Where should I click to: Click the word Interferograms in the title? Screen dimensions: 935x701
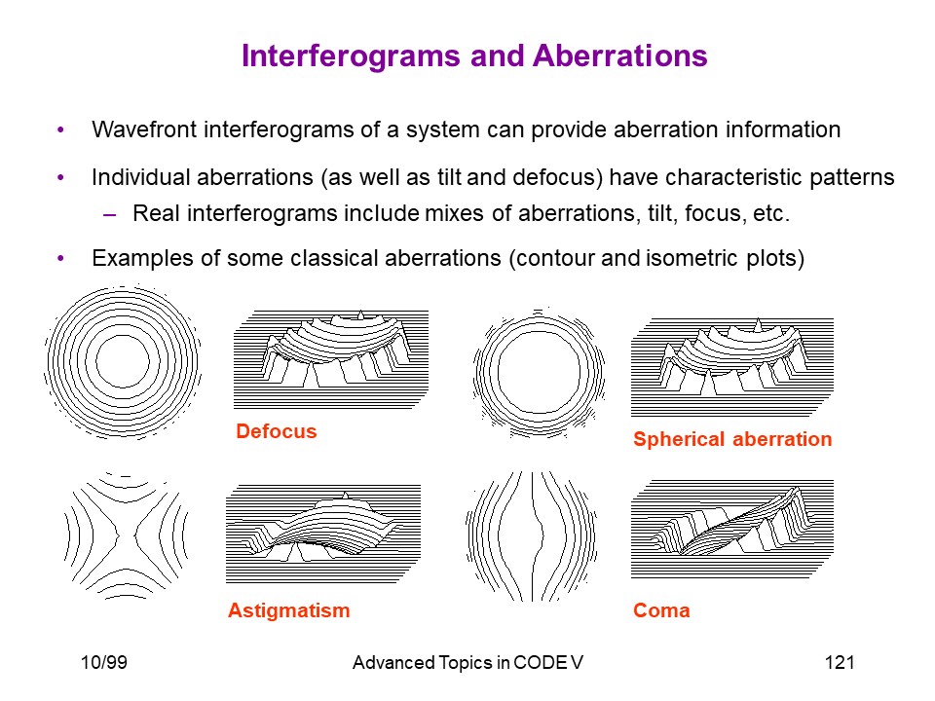pyautogui.click(x=352, y=56)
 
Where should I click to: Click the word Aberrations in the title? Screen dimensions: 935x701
pyautogui.click(x=620, y=55)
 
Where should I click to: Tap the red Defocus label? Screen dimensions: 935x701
pyautogui.click(x=276, y=431)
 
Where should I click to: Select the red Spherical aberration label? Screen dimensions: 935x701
pyautogui.click(x=732, y=439)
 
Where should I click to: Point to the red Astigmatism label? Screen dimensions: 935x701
pyautogui.click(x=288, y=610)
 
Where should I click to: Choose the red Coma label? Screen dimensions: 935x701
pyautogui.click(x=661, y=610)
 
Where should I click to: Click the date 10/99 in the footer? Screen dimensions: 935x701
pyautogui.click(x=104, y=662)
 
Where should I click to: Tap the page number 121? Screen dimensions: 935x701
pyautogui.click(x=840, y=662)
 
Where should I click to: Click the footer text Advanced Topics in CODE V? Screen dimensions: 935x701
pyautogui.click(x=467, y=662)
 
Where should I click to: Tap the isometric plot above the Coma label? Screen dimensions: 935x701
pyautogui.click(x=732, y=529)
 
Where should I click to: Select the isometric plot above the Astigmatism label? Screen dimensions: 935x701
pyautogui.click(x=323, y=534)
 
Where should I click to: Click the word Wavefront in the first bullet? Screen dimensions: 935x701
pyautogui.click(x=144, y=129)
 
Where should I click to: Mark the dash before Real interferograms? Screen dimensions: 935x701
pyautogui.click(x=110, y=214)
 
